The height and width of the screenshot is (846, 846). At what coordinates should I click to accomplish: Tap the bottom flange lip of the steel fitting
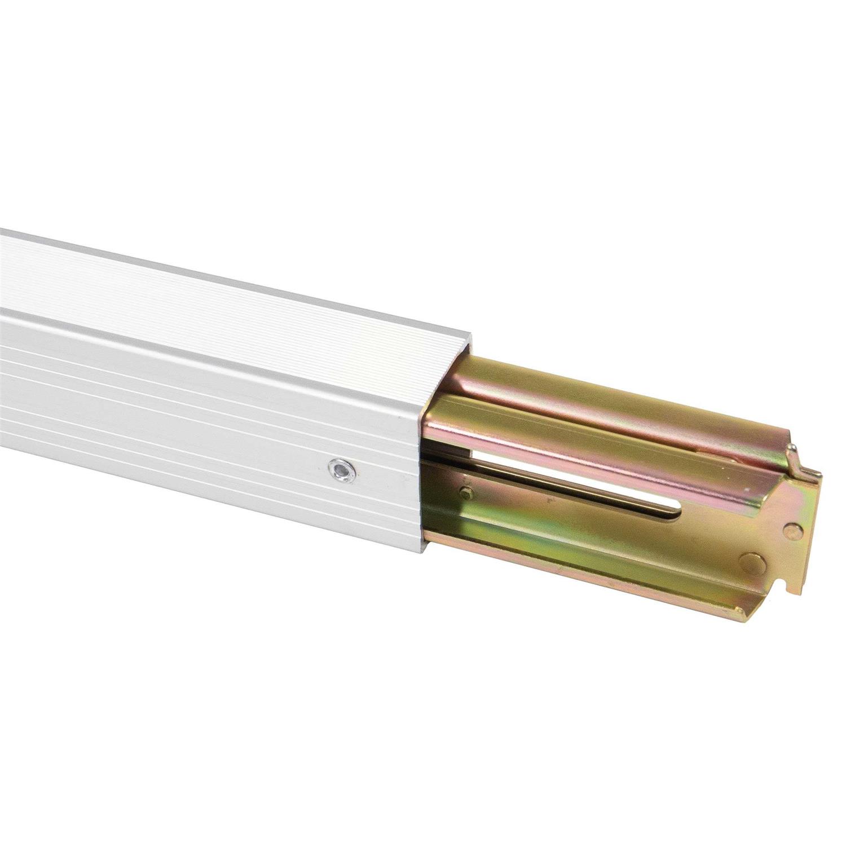(592, 570)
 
